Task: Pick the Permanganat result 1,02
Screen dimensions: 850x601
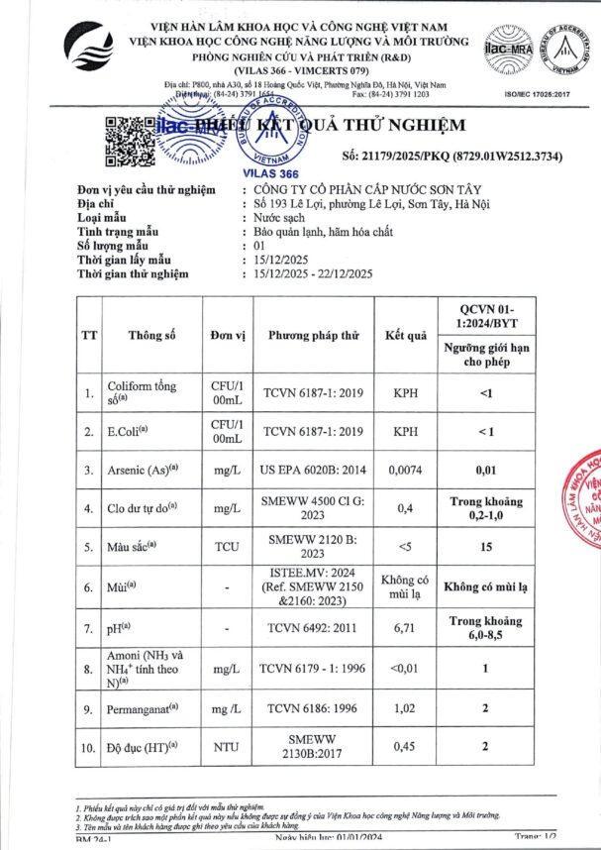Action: point(406,709)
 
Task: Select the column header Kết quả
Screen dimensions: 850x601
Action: point(406,335)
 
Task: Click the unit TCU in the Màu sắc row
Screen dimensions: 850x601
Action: point(228,547)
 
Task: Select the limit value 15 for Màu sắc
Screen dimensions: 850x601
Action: point(485,547)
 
